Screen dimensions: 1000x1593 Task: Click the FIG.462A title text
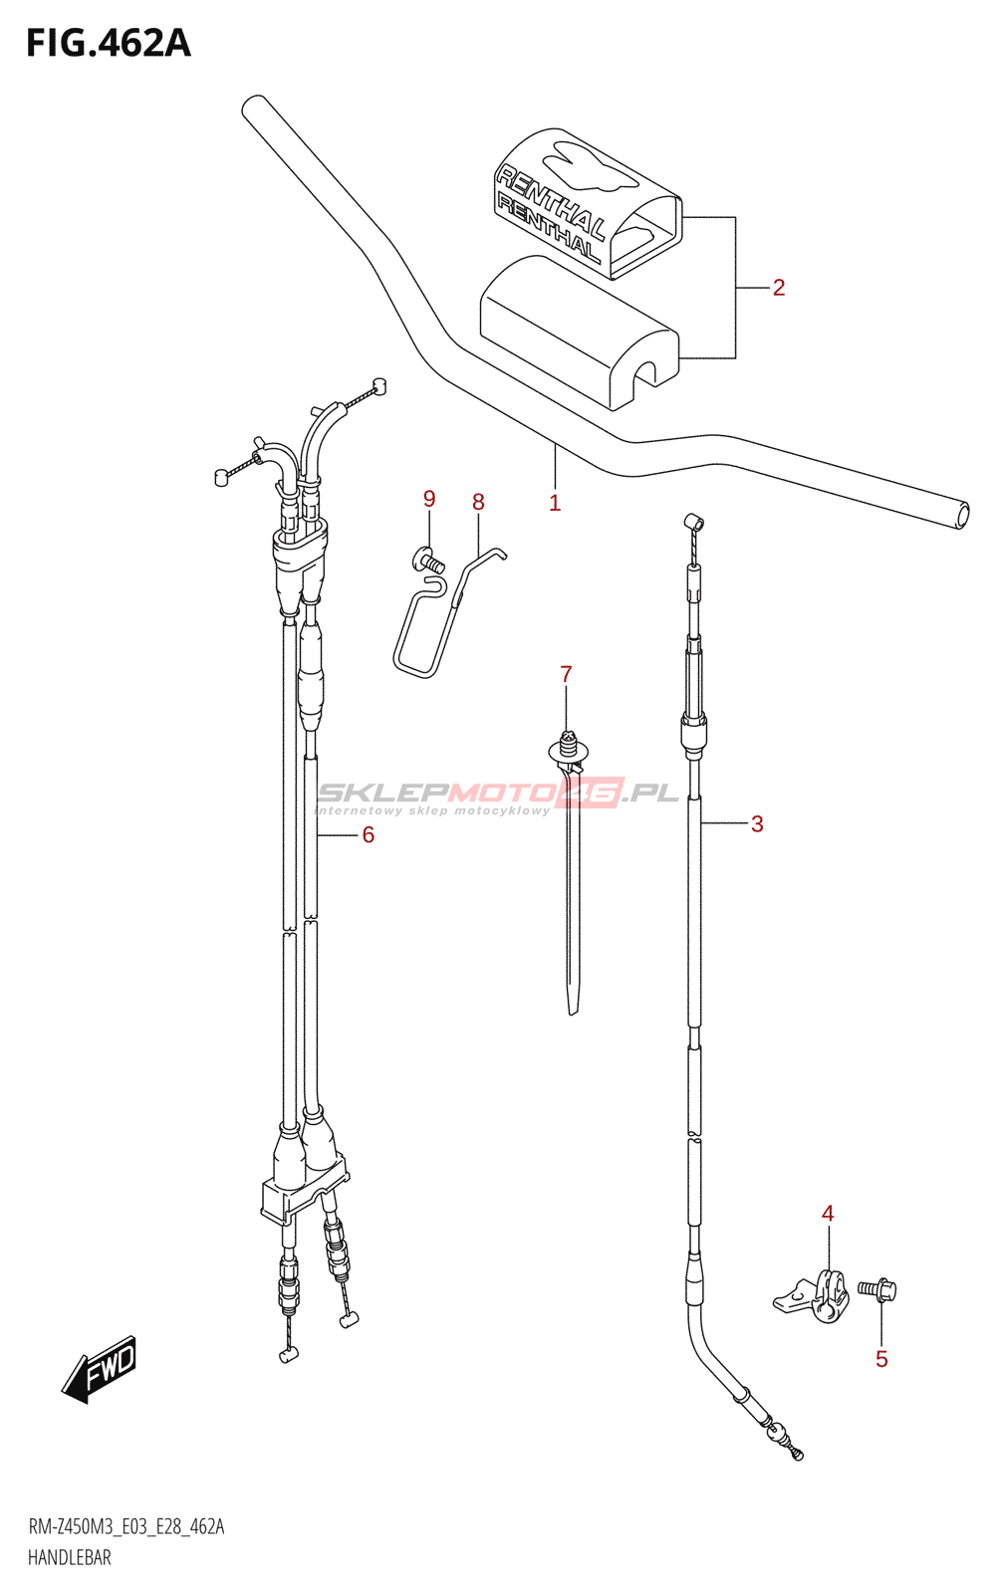[108, 44]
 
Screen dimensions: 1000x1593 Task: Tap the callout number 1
[555, 504]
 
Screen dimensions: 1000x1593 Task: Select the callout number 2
[779, 288]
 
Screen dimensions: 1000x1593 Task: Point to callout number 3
[757, 824]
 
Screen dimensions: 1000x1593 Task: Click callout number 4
[828, 1214]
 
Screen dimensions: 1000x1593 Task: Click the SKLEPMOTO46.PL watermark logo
[498, 794]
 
